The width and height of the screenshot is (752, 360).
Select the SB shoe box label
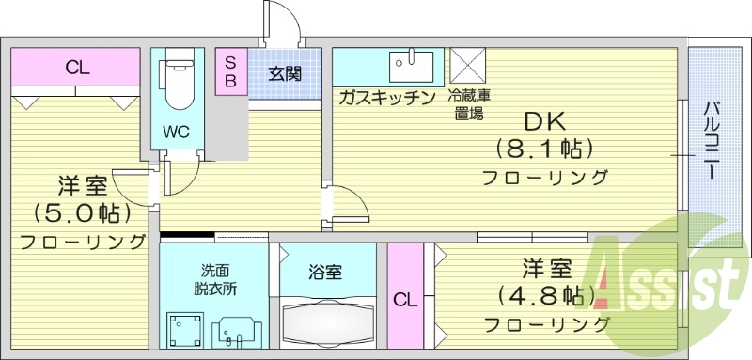229,70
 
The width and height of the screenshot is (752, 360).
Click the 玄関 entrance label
284,73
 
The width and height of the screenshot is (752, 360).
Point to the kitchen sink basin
412,67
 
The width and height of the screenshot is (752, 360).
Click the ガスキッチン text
386,98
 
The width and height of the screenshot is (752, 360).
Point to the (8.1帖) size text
543,149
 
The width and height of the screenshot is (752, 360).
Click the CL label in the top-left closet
77,68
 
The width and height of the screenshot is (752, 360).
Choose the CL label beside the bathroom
404,301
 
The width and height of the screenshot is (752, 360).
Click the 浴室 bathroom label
325,273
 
